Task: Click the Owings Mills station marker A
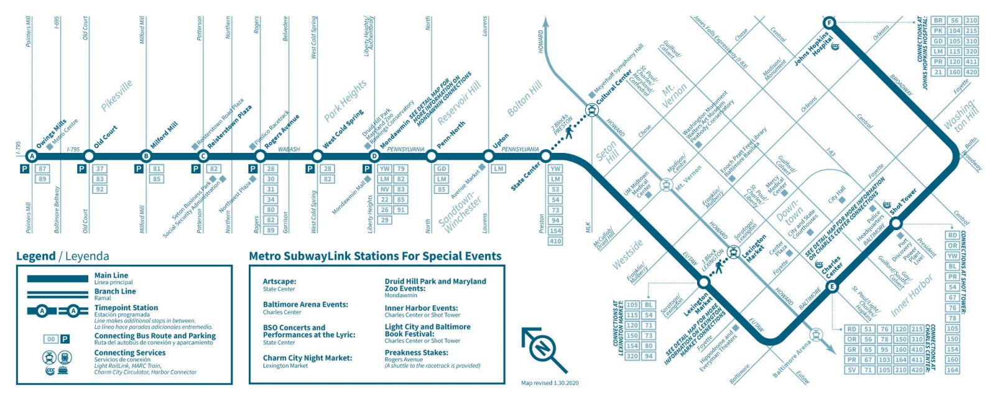tap(32, 155)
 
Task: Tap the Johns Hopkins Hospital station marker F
tap(828, 24)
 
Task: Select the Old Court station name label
tap(106, 137)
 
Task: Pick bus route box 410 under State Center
tap(555, 241)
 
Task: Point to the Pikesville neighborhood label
tap(117, 95)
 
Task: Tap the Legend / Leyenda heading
tap(62, 256)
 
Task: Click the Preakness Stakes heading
tap(416, 353)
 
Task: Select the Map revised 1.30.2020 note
tap(549, 383)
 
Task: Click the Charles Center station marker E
tap(832, 287)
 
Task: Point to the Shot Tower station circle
tap(896, 223)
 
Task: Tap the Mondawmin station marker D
tap(374, 155)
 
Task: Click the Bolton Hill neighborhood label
tap(524, 98)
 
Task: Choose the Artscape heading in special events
tap(279, 282)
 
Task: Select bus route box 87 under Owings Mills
tap(42, 168)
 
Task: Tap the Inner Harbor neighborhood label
tap(912, 296)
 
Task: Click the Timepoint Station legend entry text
tap(126, 308)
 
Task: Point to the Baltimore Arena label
tap(792, 359)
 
